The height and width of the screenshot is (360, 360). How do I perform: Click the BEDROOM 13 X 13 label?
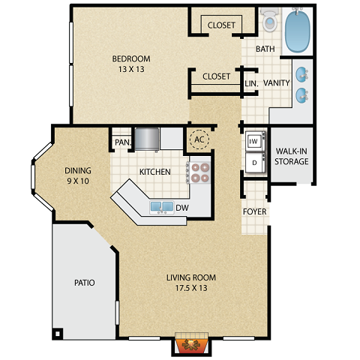[131, 64]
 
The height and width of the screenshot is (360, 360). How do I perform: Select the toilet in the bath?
[270, 21]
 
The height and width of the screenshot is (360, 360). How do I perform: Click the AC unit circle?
[199, 139]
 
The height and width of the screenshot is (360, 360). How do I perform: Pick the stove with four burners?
[199, 173]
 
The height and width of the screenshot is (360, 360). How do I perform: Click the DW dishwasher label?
[182, 208]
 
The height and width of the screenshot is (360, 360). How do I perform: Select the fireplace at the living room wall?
[190, 344]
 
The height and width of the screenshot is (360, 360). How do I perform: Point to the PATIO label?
[84, 283]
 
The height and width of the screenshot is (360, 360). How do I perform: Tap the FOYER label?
[255, 211]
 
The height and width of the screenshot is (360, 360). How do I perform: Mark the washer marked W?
[253, 140]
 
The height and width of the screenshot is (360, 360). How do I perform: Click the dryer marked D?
[253, 160]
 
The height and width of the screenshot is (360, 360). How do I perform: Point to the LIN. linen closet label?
[251, 83]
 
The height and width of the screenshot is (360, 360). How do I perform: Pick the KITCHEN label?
[154, 172]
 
